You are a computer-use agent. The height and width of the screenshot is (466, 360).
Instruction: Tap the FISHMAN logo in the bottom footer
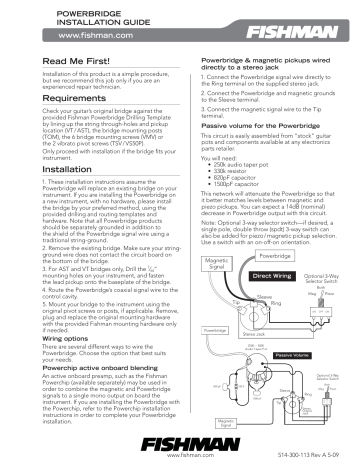178,443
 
